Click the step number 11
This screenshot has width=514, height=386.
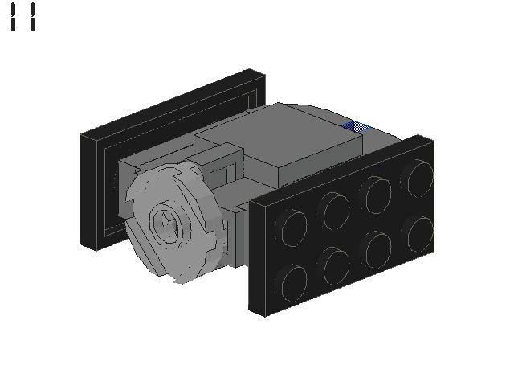click(23, 17)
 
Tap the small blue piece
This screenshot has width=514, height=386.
click(356, 126)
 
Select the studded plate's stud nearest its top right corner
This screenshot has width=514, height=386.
click(419, 179)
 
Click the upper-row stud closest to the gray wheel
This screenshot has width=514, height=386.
click(292, 228)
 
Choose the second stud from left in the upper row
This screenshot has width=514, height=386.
click(334, 211)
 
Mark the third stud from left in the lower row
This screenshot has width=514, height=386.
click(377, 249)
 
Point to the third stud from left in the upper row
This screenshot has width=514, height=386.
click(377, 195)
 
